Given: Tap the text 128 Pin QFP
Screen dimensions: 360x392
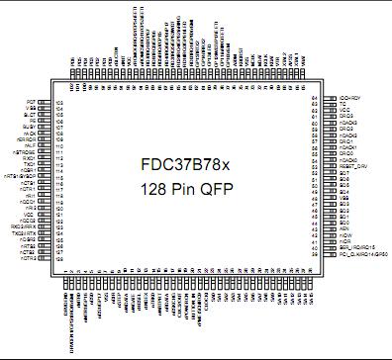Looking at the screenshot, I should click(196, 187).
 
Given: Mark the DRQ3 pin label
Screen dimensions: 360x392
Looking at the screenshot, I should click(345, 116).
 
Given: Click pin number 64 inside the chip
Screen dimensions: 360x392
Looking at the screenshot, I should click(314, 98).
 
